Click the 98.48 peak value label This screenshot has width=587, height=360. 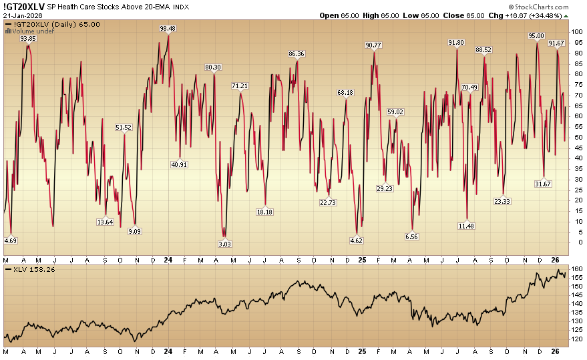[168, 29]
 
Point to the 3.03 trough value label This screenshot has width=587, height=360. [225, 244]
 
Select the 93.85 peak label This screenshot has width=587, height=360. [27, 39]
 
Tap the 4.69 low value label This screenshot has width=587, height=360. [11, 240]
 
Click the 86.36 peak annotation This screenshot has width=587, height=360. [297, 54]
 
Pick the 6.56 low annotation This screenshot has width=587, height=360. [411, 236]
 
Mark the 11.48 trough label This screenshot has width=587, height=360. [467, 226]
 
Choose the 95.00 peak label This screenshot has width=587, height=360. [536, 36]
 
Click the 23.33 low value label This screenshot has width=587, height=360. [502, 201]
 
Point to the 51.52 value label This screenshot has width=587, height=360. [124, 127]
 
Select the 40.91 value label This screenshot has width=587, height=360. [179, 164]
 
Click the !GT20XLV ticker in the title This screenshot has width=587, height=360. [23, 7]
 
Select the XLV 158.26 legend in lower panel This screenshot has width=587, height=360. [30, 269]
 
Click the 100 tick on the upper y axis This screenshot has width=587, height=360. [576, 31]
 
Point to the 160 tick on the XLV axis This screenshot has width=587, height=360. [576, 269]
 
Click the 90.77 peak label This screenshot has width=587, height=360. [374, 45]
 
